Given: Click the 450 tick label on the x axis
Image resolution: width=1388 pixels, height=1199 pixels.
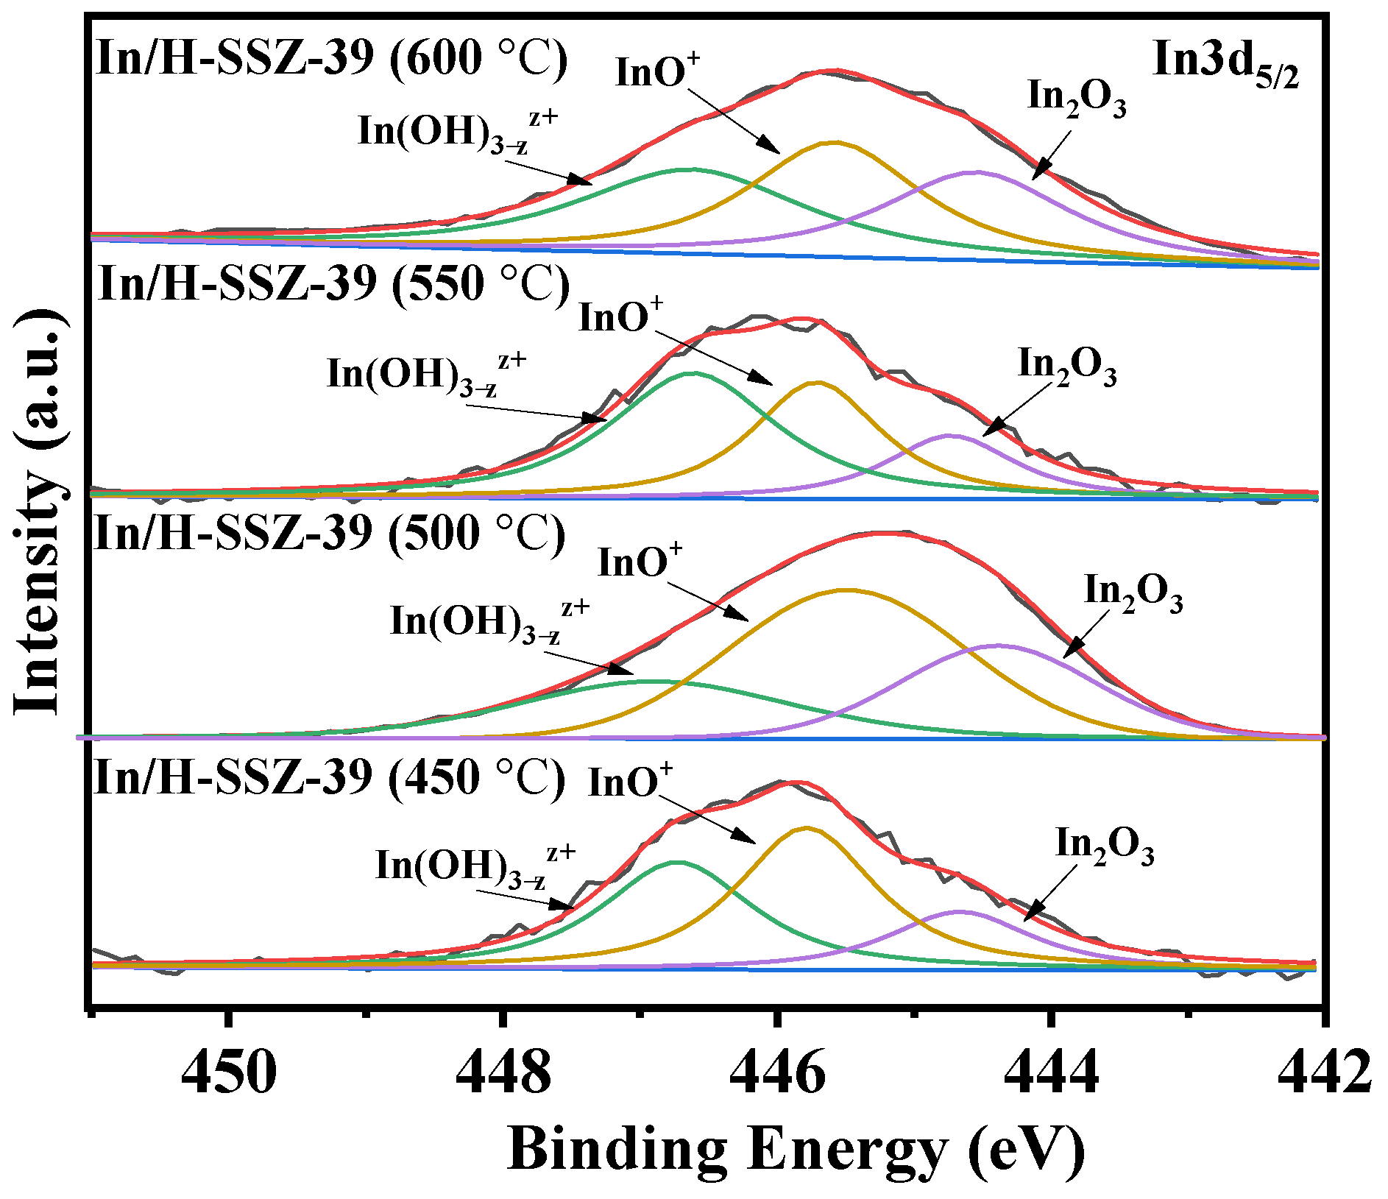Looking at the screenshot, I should click(x=229, y=1072).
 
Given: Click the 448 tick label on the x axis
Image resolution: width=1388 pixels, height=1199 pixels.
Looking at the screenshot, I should click(x=503, y=1072).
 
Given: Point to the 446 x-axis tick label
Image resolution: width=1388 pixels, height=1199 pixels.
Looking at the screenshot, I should click(x=778, y=1072).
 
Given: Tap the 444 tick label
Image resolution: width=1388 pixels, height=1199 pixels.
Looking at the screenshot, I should click(x=1052, y=1072).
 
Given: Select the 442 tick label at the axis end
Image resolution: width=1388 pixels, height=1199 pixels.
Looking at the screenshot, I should click(x=1325, y=1072).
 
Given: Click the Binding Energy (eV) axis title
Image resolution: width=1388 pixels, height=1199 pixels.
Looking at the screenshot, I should click(x=796, y=1149).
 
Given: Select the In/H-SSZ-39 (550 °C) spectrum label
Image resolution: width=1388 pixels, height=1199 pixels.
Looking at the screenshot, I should click(x=333, y=283).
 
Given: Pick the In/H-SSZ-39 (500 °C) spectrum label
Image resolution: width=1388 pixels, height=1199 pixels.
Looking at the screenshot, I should click(x=330, y=532).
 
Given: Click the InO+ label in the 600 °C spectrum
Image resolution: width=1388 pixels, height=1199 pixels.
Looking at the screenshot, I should click(x=657, y=72).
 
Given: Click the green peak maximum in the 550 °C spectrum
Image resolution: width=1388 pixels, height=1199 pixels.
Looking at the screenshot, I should click(x=693, y=373).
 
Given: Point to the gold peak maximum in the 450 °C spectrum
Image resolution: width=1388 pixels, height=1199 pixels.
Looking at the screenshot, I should click(x=807, y=827).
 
